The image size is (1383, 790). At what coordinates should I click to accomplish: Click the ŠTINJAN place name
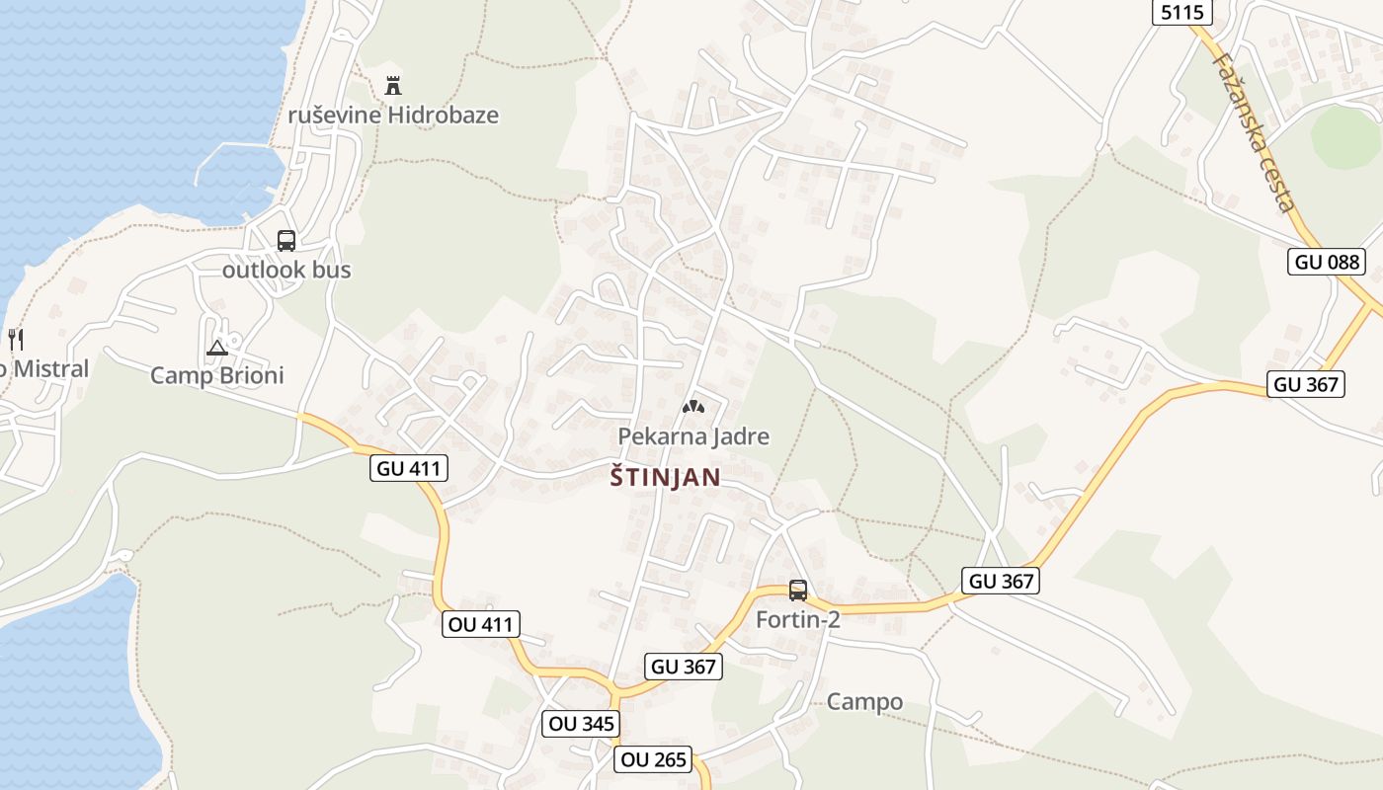[665, 478]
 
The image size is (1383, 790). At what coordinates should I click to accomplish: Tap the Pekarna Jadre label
[693, 435]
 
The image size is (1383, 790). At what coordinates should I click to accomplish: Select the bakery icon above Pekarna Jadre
[693, 406]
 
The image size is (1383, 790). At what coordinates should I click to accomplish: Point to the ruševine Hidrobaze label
[393, 115]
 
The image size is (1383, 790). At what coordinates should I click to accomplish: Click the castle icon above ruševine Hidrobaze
[393, 84]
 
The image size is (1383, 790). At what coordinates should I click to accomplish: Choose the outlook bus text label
[286, 270]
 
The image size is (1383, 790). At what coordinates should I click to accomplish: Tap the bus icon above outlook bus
[286, 240]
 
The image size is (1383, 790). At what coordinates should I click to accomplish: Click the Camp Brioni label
[217, 375]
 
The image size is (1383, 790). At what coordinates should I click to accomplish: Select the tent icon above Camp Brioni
[217, 347]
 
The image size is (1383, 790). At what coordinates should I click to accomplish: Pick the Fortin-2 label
[798, 620]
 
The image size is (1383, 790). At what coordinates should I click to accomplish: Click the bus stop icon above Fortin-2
[798, 591]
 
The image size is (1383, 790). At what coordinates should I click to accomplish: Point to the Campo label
[864, 702]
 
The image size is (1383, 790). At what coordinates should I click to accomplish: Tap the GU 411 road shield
[410, 468]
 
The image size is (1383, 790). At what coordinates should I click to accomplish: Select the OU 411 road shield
[480, 624]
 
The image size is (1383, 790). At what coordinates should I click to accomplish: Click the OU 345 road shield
[582, 724]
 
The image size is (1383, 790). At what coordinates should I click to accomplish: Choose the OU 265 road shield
[652, 759]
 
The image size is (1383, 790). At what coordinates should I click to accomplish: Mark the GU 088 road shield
[1327, 262]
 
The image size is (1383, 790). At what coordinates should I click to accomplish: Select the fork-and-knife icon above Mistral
[15, 340]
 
